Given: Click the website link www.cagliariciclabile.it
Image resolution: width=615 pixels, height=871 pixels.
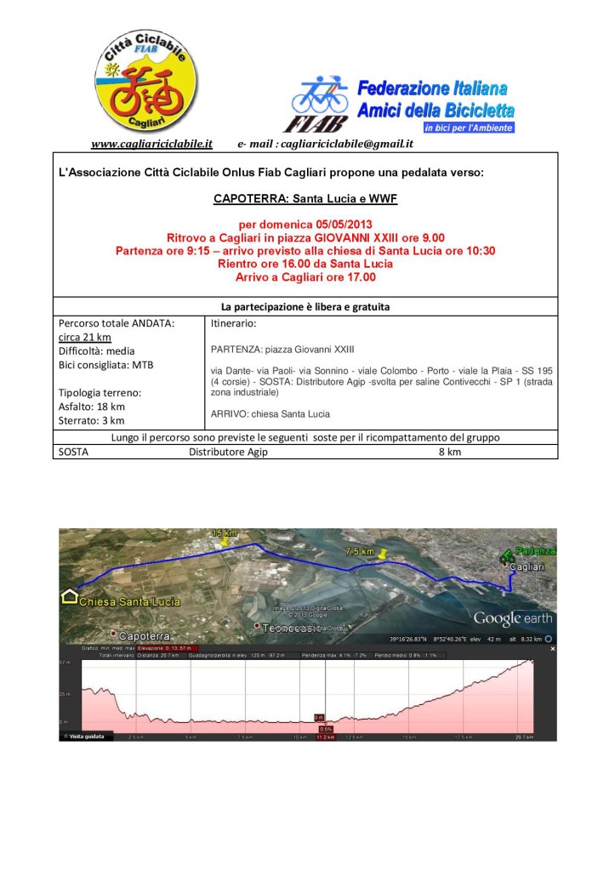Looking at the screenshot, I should click(151, 144).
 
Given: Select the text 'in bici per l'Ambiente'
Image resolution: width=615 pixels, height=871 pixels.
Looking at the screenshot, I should click(468, 128).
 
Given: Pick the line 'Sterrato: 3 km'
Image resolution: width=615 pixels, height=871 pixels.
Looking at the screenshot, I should click(92, 419).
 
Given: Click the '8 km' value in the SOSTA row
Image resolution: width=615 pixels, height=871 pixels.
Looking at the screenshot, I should click(449, 452).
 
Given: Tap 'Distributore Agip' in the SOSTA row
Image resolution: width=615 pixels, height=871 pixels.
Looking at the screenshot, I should click(228, 452).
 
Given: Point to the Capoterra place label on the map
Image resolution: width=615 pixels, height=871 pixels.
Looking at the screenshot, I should click(145, 635).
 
